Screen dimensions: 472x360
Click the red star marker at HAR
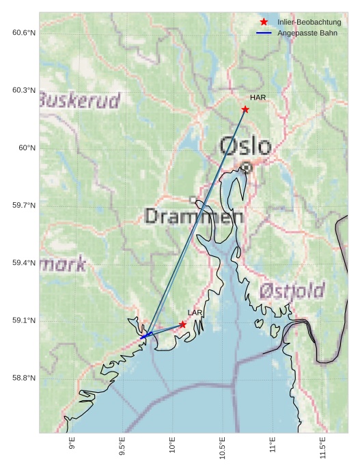coord(245,109)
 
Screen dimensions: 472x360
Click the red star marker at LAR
coord(182,324)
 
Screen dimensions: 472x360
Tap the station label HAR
coord(258,98)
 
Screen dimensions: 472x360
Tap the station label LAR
coord(195,313)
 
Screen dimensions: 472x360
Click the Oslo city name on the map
coord(245,145)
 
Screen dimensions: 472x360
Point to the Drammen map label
coord(194,217)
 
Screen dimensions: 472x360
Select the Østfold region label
coord(292,291)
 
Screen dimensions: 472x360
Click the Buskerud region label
coord(79,100)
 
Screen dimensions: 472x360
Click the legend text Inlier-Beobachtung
coord(309,23)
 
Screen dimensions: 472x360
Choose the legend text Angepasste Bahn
coord(307,33)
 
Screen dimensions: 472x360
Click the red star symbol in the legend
coord(264,22)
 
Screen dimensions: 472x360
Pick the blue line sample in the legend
coord(264,33)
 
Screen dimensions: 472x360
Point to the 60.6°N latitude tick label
coord(24,32)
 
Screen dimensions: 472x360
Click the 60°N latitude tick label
coord(27,148)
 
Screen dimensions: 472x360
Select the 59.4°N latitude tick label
coord(24,263)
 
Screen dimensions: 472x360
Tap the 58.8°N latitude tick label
coord(24,378)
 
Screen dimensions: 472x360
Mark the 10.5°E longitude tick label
coord(222,447)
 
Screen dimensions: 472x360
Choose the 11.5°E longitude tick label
coord(322,447)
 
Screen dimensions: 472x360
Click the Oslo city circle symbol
coord(247,167)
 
